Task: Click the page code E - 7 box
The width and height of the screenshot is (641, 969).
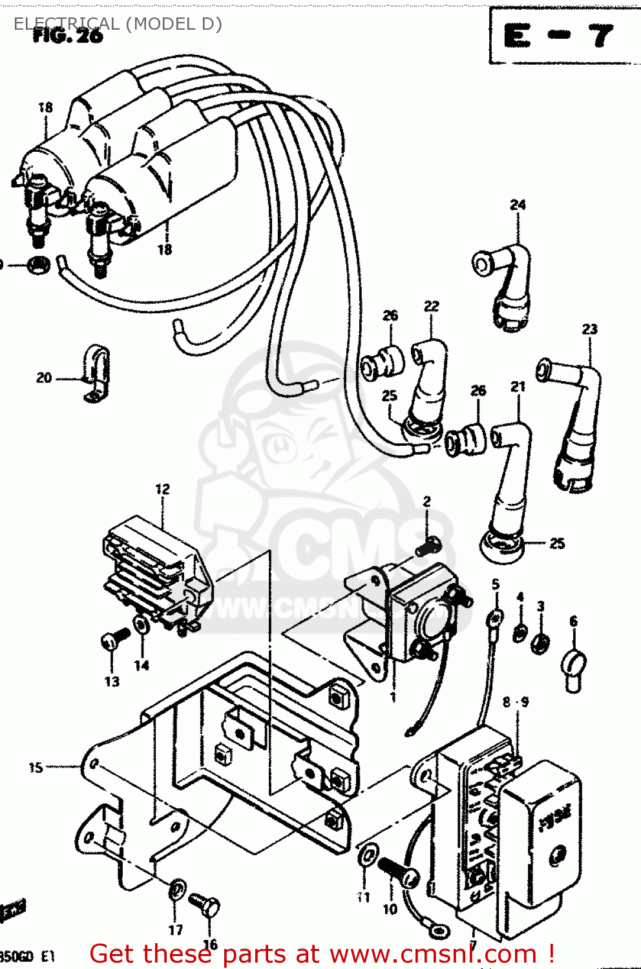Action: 560,36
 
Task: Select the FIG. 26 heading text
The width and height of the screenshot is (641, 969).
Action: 68,36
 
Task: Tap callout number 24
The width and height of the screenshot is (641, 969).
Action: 518,205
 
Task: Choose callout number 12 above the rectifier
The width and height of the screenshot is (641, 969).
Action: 162,490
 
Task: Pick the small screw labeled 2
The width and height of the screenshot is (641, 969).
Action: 427,547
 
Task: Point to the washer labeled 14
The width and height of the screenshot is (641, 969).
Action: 140,625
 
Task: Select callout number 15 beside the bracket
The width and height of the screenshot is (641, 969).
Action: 36,767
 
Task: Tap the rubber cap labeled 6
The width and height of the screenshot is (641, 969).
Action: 573,666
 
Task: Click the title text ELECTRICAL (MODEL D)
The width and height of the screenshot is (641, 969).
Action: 118,24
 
